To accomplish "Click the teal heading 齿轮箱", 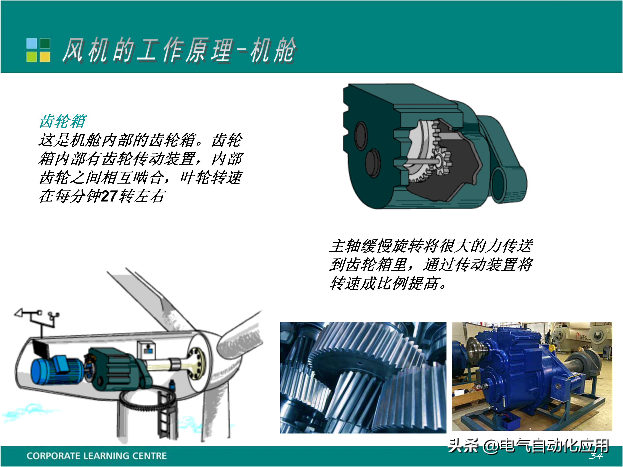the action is tap(63, 121).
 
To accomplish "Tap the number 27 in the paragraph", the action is tap(109, 196).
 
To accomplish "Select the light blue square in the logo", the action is tap(32, 43).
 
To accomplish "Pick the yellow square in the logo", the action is tap(45, 57).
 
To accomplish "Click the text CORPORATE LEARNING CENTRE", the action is tap(97, 456).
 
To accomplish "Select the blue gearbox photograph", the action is tap(532, 376).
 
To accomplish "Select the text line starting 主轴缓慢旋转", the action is tap(431, 246).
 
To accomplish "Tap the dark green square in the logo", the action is tap(45, 43).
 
